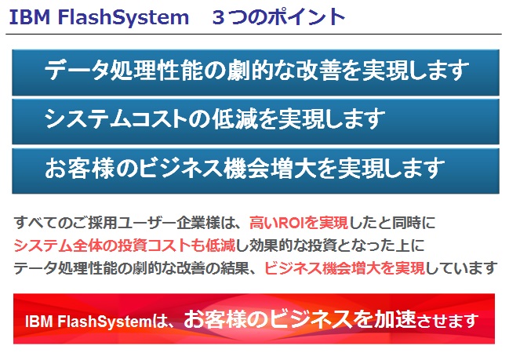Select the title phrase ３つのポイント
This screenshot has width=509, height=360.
(x=278, y=17)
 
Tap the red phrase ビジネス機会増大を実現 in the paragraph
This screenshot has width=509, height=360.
(x=344, y=267)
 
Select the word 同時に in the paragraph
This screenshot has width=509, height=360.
(x=413, y=223)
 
